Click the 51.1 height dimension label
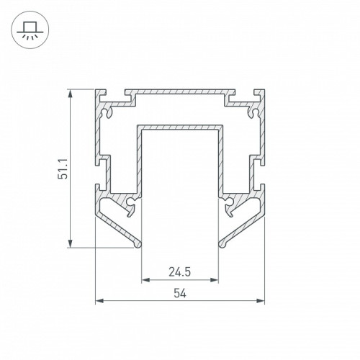click(x=63, y=168)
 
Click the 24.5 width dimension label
click(x=180, y=272)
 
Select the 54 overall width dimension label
click(x=180, y=293)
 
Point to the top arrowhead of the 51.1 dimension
click(x=70, y=94)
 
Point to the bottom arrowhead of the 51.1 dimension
click(x=70, y=243)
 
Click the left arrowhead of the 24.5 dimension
click(x=145, y=280)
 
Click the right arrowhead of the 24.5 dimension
click(x=215, y=280)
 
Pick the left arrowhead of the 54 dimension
click(x=99, y=301)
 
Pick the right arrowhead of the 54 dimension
click(x=261, y=301)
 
